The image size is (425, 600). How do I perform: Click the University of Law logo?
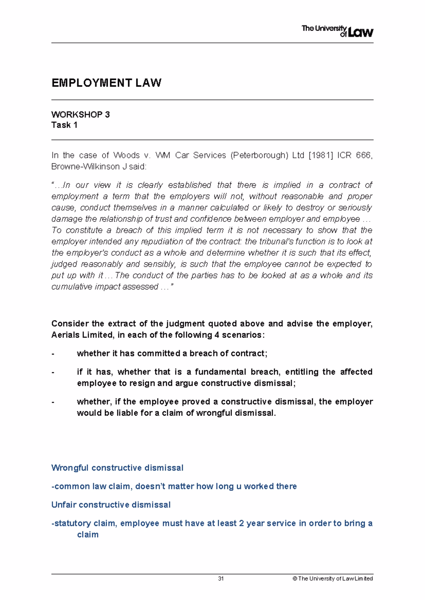tap(337, 31)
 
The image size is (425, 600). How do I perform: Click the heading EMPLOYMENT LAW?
tap(106, 83)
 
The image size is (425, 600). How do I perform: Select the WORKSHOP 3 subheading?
tap(80, 115)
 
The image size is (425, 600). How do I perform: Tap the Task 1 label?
tap(64, 125)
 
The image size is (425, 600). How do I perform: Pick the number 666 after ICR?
tap(364, 155)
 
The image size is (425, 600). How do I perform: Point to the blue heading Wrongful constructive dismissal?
tap(117, 468)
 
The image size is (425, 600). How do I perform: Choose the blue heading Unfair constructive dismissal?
tap(111, 505)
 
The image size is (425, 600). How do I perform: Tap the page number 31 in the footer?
tap(221, 579)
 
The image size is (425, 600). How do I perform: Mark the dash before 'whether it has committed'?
tap(53, 353)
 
